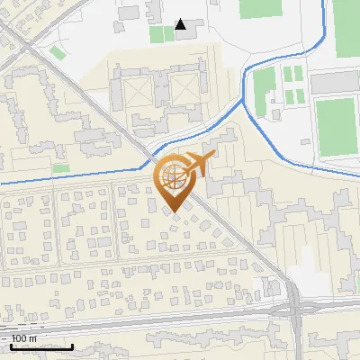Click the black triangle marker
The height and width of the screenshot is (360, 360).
181,24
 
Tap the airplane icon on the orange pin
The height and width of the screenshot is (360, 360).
195,165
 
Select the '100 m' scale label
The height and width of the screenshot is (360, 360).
24,338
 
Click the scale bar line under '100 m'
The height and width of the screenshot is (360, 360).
42,346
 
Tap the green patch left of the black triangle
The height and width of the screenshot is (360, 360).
161,34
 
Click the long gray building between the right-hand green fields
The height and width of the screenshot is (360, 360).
335,84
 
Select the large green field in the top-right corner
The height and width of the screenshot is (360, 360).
346,28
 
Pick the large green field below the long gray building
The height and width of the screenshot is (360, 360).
337,125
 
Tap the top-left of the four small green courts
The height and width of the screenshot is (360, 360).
287,72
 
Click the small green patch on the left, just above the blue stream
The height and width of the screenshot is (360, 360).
61,168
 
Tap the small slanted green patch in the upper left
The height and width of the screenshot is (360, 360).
58,53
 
